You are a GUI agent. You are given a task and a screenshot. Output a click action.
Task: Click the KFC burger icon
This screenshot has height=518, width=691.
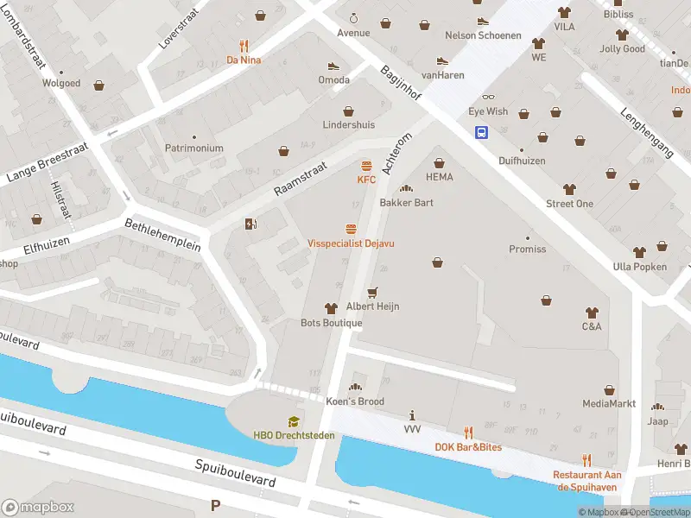[366, 166]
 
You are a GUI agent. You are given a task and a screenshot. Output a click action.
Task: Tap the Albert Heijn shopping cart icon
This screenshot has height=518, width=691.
[373, 293]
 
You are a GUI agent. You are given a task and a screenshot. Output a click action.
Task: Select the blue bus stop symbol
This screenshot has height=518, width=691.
[479, 132]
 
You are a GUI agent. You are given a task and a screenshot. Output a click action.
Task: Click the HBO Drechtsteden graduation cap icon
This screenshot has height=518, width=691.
[294, 421]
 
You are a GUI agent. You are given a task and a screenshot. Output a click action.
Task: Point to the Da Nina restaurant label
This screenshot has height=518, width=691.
[244, 60]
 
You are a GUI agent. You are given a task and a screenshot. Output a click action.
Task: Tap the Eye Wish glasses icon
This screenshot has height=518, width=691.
[488, 98]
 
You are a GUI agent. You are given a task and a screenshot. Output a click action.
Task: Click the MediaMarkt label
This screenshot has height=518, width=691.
[609, 403]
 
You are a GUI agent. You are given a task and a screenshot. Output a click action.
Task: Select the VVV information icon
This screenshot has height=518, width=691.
[412, 415]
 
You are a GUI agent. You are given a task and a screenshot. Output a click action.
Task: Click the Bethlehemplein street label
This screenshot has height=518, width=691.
[162, 234]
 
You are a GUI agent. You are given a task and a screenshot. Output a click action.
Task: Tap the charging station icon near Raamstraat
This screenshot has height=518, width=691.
[251, 224]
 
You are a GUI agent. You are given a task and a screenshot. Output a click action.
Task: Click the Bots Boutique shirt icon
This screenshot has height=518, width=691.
[330, 308]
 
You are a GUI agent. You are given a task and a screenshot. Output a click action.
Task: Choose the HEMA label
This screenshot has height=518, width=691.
[439, 176]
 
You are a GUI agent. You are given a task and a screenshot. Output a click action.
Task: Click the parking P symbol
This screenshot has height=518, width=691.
[215, 505]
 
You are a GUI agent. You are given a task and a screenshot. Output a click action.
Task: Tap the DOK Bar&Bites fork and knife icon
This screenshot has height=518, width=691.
[468, 433]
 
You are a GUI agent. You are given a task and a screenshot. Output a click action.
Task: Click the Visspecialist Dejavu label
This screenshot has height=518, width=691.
[351, 243]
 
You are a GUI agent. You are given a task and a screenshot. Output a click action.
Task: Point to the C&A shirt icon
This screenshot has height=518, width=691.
[592, 313]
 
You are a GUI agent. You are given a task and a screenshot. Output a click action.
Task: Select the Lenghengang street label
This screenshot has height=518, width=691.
[647, 131]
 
